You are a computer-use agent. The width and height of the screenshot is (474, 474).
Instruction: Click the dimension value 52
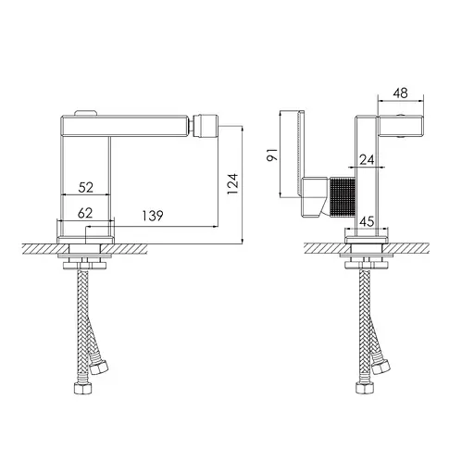[x=86, y=187]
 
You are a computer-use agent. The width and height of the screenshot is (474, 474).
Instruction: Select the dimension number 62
[x=85, y=213]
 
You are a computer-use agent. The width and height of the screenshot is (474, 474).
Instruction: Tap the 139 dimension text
[x=153, y=216]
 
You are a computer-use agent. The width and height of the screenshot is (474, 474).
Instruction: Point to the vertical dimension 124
[x=233, y=183]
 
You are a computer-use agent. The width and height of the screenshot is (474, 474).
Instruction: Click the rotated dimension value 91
[x=272, y=155]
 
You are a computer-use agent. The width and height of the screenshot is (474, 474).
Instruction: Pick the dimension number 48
[x=400, y=93]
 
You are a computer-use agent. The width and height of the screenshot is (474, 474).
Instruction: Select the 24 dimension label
[x=367, y=160]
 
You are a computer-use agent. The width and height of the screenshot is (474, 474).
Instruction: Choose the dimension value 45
[x=367, y=221]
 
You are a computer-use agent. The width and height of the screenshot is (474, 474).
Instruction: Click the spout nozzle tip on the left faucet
[x=206, y=126]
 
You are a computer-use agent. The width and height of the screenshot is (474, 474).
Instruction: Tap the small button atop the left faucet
[x=87, y=113]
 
